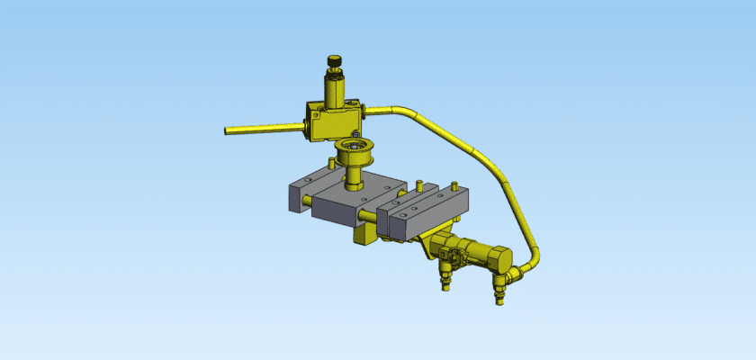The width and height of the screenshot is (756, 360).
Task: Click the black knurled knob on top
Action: tap(335, 62)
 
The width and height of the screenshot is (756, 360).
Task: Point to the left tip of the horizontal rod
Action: tap(227, 130)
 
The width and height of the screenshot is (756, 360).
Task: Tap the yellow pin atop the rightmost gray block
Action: tap(418, 186)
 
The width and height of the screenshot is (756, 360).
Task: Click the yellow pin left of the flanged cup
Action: tap(331, 163)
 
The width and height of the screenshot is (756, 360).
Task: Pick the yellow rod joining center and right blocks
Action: tap(369, 217)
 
